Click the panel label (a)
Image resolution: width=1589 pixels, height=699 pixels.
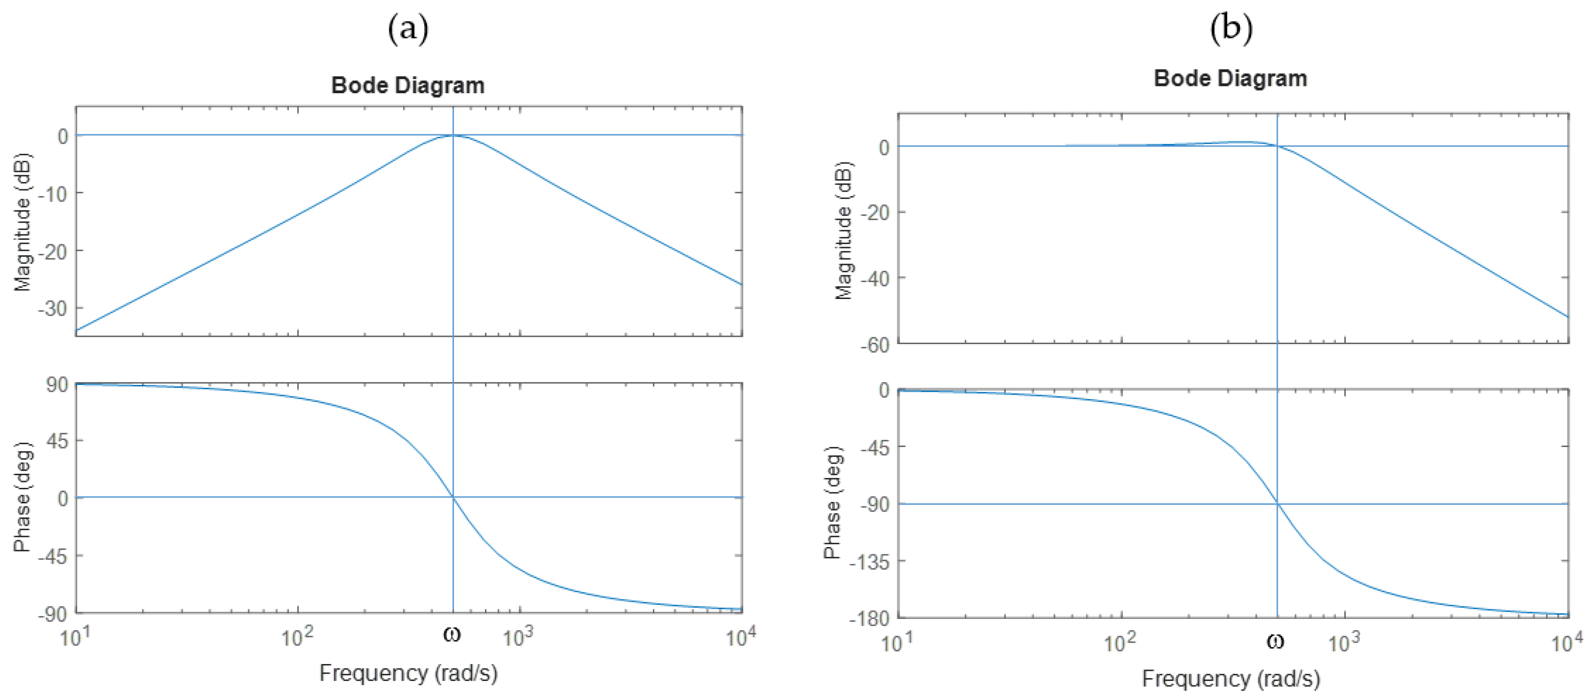[x=408, y=28]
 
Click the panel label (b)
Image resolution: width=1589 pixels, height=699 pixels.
[x=1231, y=28]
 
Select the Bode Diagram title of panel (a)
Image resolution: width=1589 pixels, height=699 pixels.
[x=408, y=85]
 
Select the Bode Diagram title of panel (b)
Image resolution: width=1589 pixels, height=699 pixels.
[x=1231, y=78]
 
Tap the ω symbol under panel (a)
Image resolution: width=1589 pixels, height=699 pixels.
[x=452, y=633]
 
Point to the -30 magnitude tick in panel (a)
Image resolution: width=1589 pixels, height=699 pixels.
[x=53, y=308]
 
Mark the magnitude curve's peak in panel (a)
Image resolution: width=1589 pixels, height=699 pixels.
[x=453, y=135]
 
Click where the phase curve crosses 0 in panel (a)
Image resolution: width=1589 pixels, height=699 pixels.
[x=453, y=497]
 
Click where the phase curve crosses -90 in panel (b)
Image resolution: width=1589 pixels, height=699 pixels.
[x=1277, y=504]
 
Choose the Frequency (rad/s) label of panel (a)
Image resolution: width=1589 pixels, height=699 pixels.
[x=408, y=672]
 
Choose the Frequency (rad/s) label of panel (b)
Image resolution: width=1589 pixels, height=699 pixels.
[x=1231, y=679]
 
